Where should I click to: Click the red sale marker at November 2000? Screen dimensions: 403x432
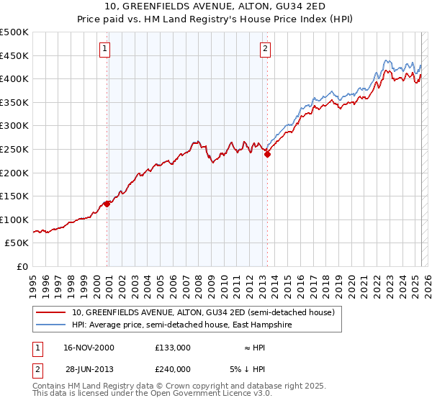107,204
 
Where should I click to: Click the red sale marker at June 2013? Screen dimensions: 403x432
267,153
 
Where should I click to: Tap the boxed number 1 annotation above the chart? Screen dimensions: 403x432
105,49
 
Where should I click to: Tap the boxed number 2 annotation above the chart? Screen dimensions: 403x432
265,49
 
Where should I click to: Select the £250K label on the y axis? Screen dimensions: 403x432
14,149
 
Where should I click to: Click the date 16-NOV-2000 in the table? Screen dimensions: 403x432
88,348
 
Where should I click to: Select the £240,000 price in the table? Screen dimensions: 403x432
172,369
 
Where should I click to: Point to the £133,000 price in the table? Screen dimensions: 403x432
172,348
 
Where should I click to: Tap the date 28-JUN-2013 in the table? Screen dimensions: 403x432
88,369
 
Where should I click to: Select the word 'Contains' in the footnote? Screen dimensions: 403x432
50,386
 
